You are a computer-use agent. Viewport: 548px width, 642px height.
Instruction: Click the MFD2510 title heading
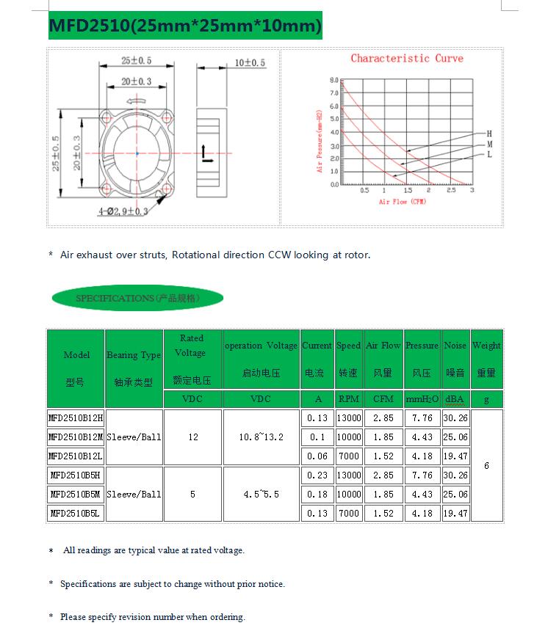[x=184, y=26]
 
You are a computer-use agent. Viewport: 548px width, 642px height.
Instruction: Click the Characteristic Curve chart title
[x=406, y=59]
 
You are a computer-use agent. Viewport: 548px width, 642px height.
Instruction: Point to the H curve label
[x=488, y=134]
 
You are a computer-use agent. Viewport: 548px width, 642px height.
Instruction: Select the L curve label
[x=488, y=155]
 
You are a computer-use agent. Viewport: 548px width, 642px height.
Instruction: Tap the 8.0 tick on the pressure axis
[x=334, y=80]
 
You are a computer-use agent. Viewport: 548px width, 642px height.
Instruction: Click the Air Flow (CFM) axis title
[x=402, y=201]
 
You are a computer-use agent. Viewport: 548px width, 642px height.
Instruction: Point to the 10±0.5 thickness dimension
[x=250, y=63]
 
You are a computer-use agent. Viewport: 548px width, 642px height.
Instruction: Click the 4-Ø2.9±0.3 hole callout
[x=123, y=211]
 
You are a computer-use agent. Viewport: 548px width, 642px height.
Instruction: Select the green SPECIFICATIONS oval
[x=137, y=299]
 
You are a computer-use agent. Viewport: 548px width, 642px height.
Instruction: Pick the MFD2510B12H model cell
[x=76, y=417]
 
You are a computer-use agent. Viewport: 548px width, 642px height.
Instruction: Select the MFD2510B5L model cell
[x=76, y=514]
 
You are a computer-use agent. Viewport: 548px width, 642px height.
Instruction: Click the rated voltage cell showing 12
[x=192, y=437]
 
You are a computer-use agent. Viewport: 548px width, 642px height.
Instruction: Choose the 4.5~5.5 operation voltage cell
[x=261, y=495]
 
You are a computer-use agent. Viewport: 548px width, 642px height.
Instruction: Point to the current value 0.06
[x=317, y=456]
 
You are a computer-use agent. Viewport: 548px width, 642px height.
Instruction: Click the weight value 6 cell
[x=486, y=466]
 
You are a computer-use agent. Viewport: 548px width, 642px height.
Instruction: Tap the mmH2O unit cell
[x=422, y=399]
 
